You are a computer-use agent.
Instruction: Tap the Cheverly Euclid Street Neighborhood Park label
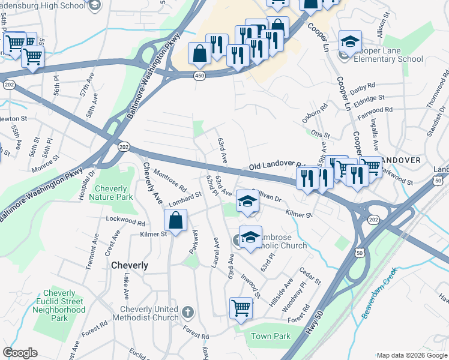(59, 306)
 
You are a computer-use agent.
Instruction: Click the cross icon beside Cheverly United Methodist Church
(187, 312)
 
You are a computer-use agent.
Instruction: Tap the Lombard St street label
(184, 197)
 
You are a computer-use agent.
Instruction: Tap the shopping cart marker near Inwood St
(241, 308)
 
